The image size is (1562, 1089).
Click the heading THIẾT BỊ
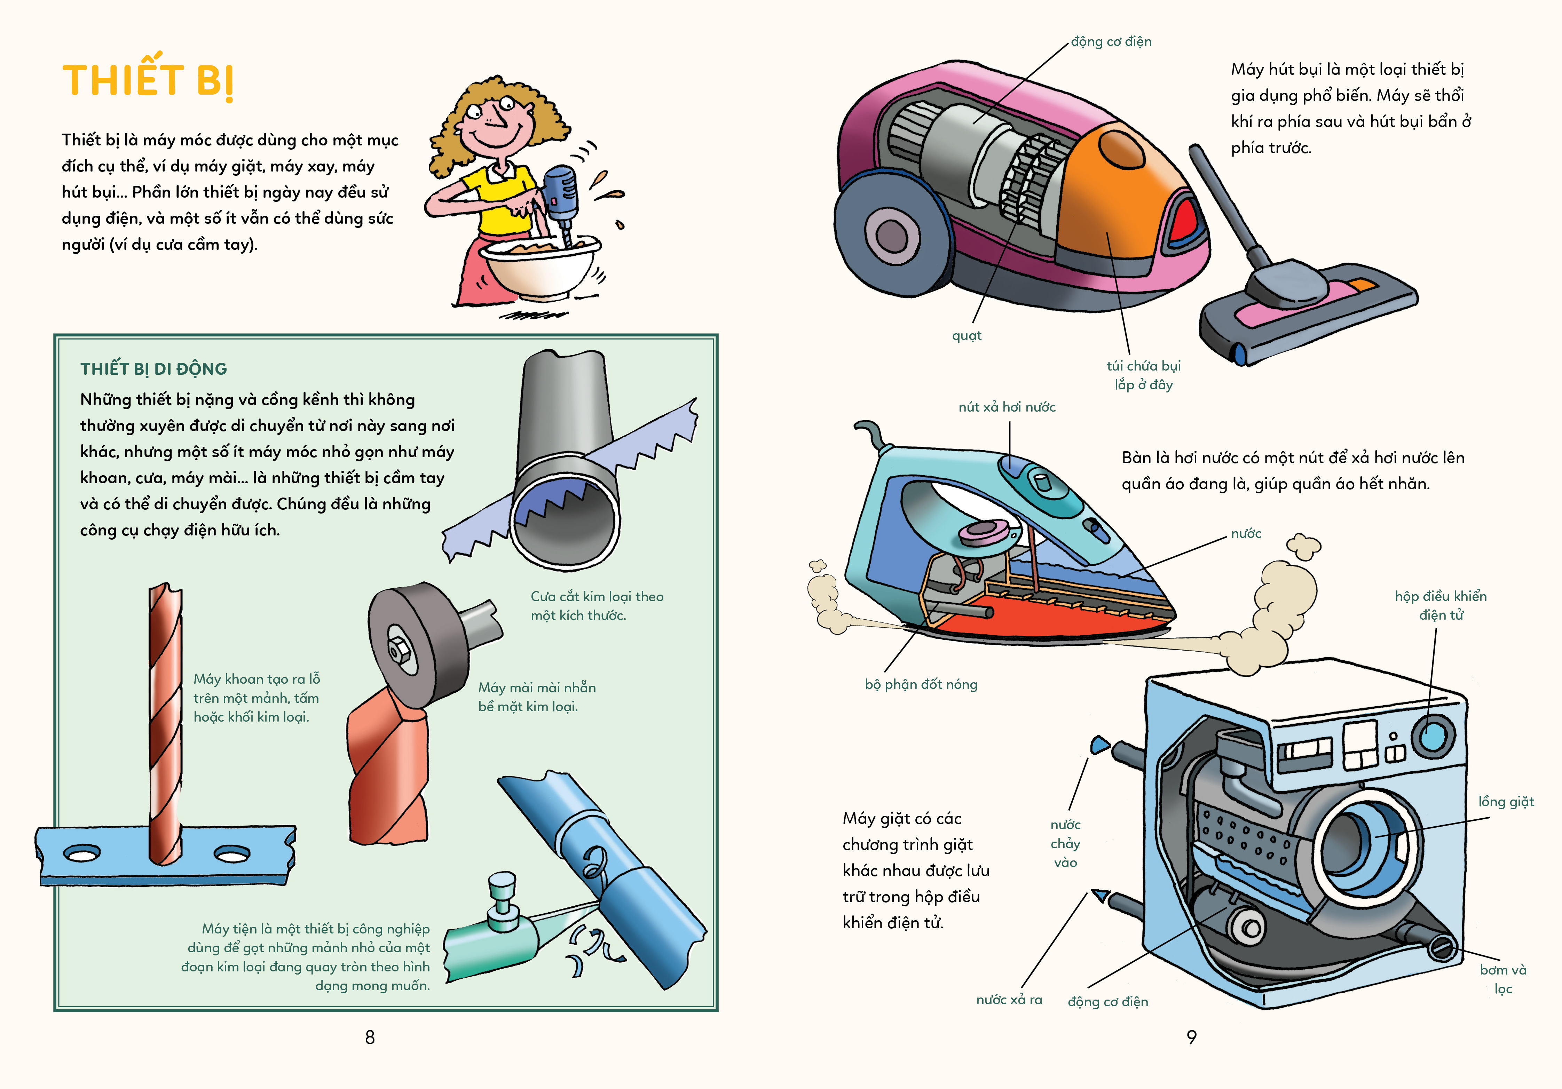coord(148,80)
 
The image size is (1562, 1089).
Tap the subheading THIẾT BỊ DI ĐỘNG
coord(154,369)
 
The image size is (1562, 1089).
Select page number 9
coord(1191,1036)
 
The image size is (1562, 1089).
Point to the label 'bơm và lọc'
coord(1503,979)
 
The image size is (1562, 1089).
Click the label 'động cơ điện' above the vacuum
coord(1111,41)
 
